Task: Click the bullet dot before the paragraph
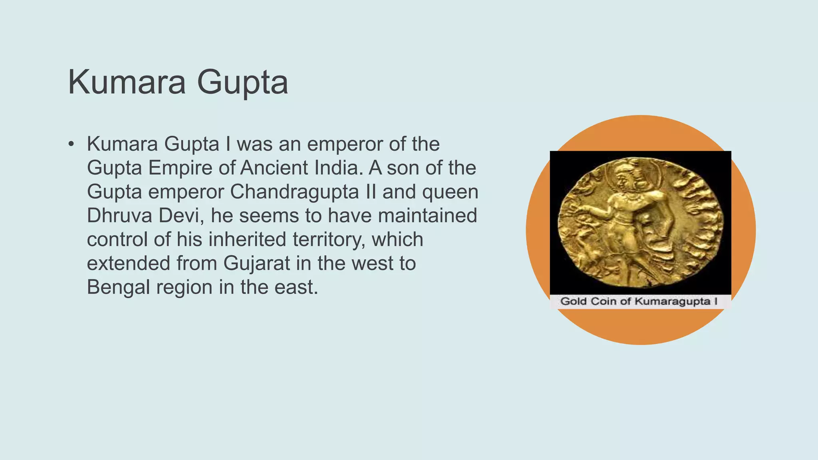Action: (x=71, y=144)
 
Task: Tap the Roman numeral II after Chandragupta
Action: (x=371, y=192)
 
